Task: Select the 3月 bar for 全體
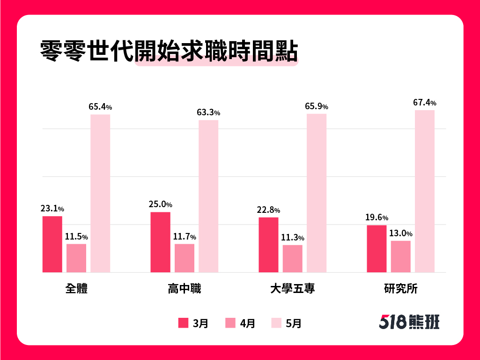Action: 52,244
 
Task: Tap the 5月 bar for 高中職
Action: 208,196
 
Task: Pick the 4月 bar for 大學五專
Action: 293,258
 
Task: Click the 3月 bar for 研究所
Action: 377,248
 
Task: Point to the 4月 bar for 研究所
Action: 401,256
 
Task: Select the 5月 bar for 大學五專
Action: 317,193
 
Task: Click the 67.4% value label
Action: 425,103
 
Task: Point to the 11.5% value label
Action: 76,237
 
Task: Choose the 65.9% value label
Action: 317,106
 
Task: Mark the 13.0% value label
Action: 401,233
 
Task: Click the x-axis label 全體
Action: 76,289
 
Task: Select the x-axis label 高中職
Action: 184,289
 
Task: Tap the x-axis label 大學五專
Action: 293,289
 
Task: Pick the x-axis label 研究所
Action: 400,289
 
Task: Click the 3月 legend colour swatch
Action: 183,322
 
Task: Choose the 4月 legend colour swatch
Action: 230,322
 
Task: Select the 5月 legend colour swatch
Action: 276,322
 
